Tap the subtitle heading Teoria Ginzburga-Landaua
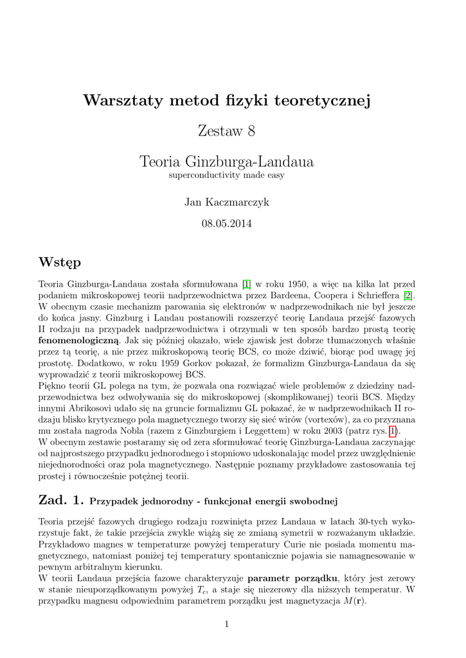coord(226,162)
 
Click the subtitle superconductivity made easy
coord(226,175)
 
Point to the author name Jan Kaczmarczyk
coord(226,202)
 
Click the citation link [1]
coord(246,283)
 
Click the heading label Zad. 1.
coord(61,500)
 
